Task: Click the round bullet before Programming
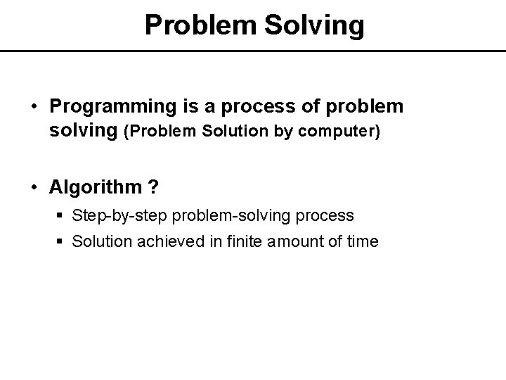(x=34, y=107)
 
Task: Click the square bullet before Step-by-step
(x=60, y=215)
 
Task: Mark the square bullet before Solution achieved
(x=60, y=242)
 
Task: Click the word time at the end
(x=363, y=241)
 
